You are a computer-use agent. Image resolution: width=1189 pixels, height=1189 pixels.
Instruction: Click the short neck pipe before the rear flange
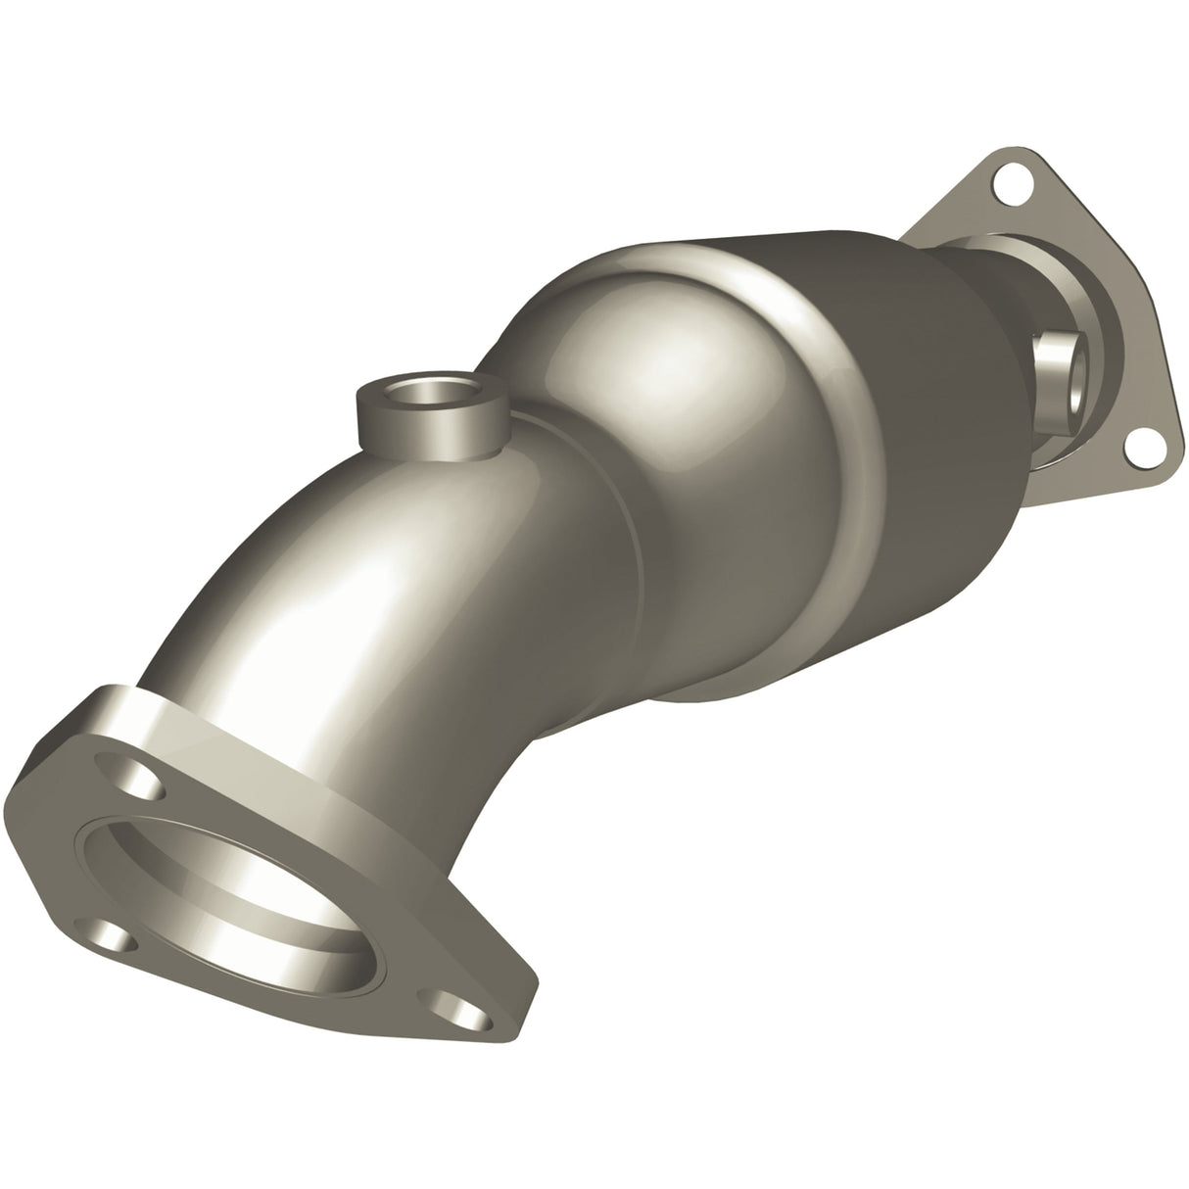point(1019,294)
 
